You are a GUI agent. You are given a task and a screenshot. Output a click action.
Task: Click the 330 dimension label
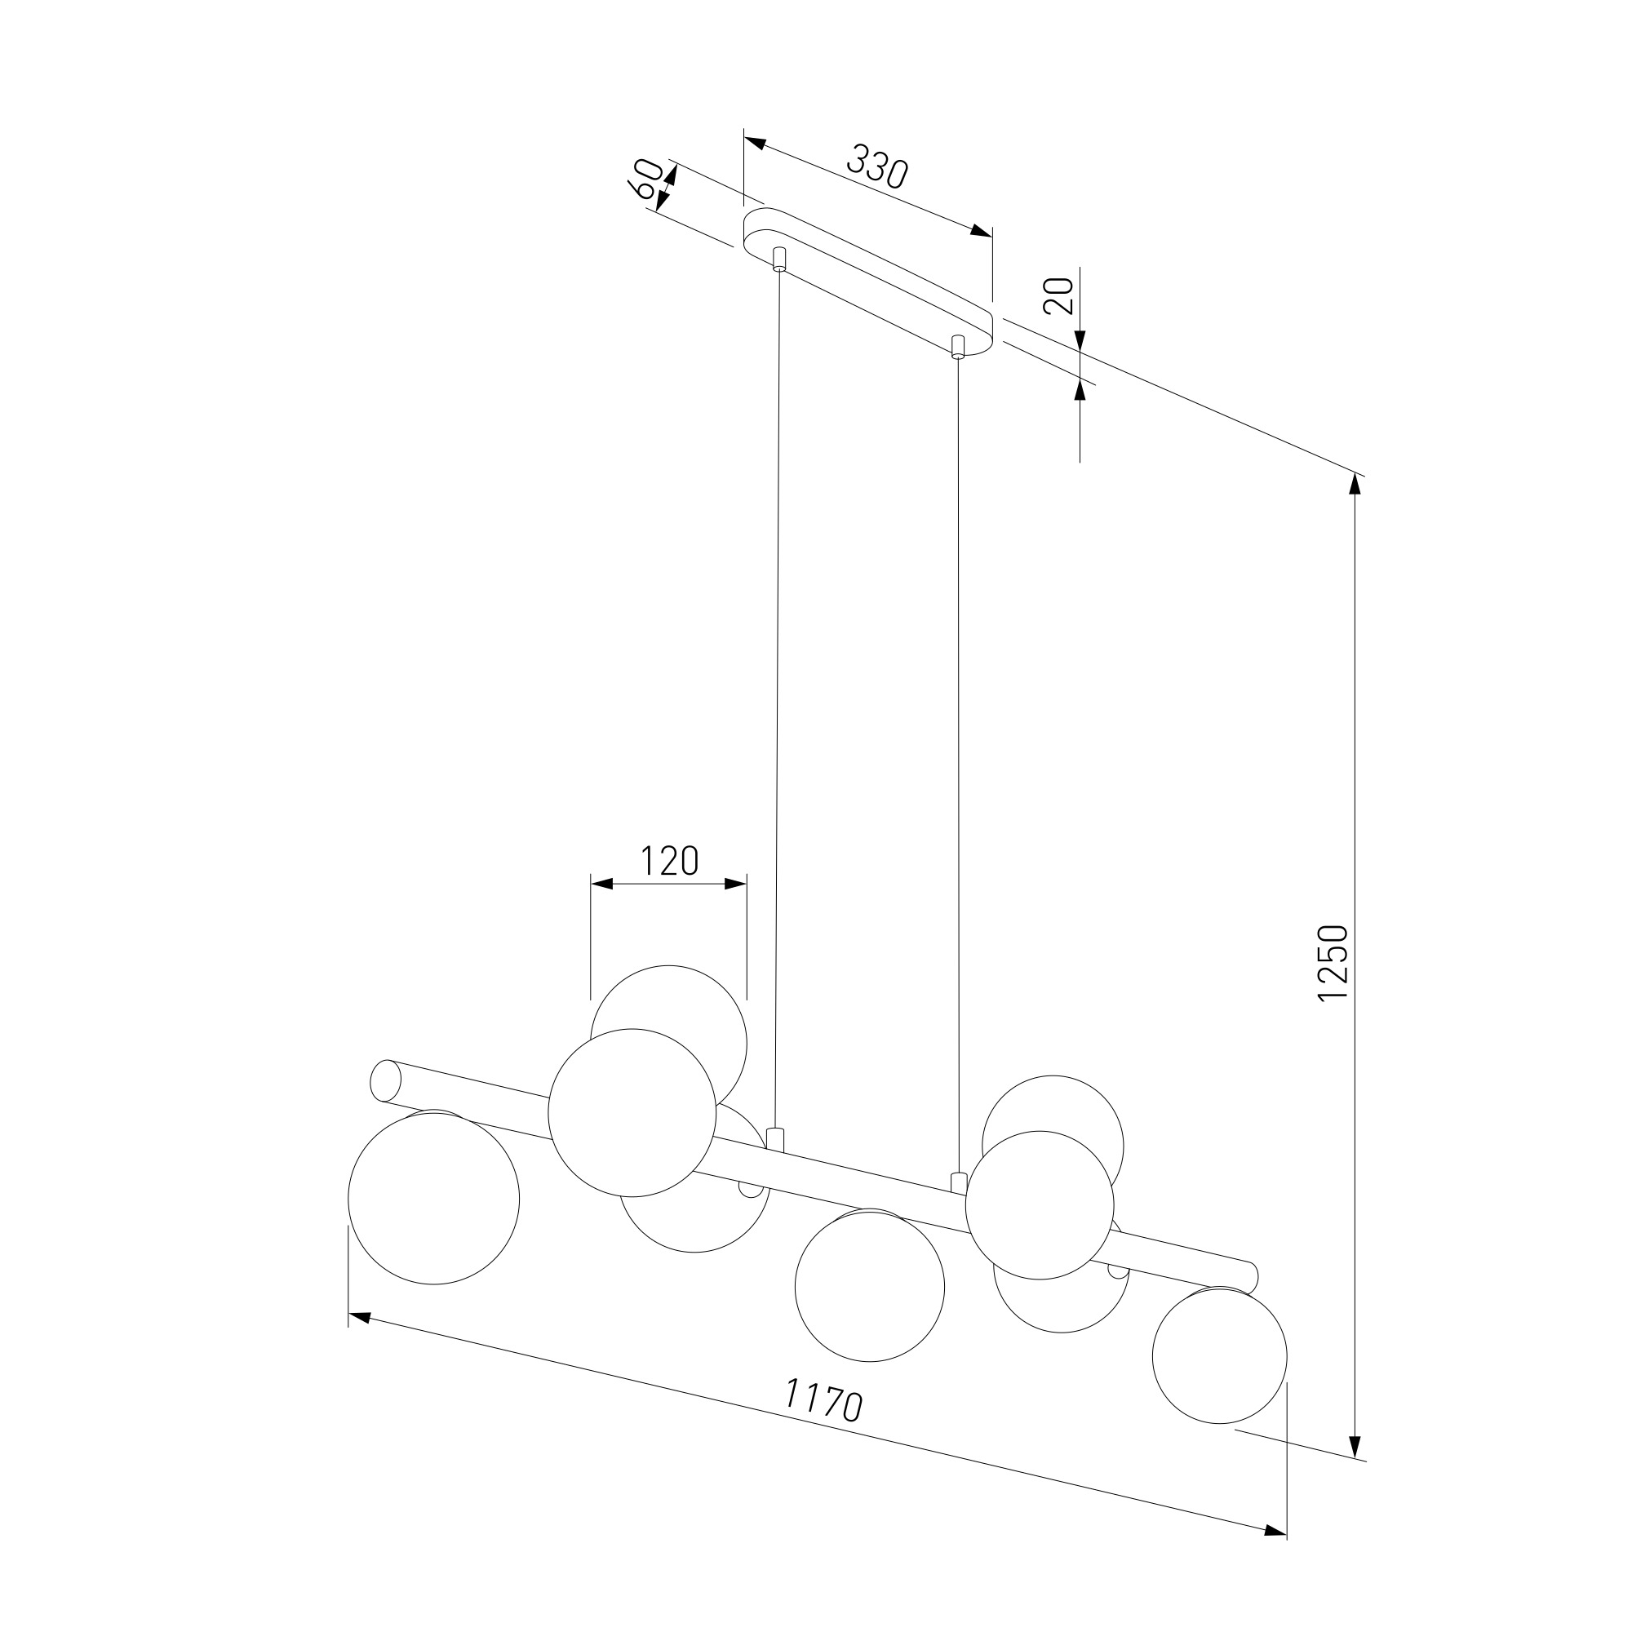click(877, 166)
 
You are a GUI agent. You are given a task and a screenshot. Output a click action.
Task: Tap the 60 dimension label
click(646, 178)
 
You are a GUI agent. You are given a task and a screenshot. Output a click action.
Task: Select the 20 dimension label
click(1058, 295)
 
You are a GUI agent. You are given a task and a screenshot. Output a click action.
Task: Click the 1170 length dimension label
click(823, 1399)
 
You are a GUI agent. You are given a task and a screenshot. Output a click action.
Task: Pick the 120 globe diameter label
click(669, 861)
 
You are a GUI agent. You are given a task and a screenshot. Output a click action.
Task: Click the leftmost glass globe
click(433, 1199)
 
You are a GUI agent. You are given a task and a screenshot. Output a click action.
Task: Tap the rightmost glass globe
click(1220, 1355)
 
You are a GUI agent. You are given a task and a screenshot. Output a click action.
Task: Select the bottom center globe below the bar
click(870, 1287)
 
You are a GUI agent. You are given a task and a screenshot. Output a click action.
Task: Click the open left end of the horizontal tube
click(384, 1080)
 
